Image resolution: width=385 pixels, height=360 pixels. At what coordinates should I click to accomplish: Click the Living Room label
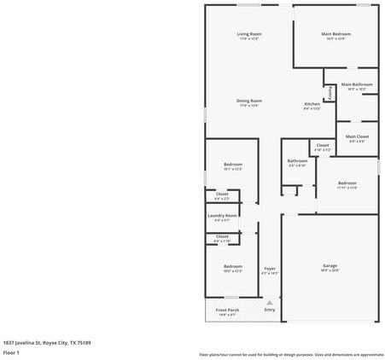[x=249, y=34]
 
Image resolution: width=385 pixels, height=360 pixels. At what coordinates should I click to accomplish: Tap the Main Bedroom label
[x=335, y=34]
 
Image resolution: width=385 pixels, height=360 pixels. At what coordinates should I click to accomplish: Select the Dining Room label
[x=249, y=101]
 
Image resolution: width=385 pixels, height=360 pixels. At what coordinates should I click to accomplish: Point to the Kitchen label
[x=312, y=104]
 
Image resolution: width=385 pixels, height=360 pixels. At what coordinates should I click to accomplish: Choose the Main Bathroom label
[x=357, y=84]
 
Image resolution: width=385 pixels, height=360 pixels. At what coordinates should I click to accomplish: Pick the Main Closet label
[x=357, y=136]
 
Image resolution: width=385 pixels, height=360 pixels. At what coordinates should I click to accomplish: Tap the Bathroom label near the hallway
[x=297, y=160]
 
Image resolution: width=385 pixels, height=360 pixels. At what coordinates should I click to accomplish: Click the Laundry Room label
[x=222, y=215]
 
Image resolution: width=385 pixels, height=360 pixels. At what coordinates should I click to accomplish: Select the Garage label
[x=330, y=265]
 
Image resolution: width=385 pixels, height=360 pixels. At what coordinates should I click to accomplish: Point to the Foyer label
[x=270, y=269]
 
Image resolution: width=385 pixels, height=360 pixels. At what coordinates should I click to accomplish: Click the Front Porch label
[x=227, y=310]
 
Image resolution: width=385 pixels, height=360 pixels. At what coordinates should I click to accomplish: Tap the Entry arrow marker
[x=270, y=302]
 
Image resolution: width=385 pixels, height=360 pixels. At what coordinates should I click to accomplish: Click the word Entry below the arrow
[x=270, y=310]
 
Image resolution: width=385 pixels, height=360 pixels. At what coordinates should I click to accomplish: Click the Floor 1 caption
[x=11, y=351]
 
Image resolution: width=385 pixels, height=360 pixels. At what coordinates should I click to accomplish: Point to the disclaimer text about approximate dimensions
[x=291, y=354]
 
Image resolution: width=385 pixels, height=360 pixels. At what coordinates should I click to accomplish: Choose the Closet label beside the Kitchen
[x=322, y=145]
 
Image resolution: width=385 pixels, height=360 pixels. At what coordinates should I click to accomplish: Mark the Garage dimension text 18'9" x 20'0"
[x=330, y=270]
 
